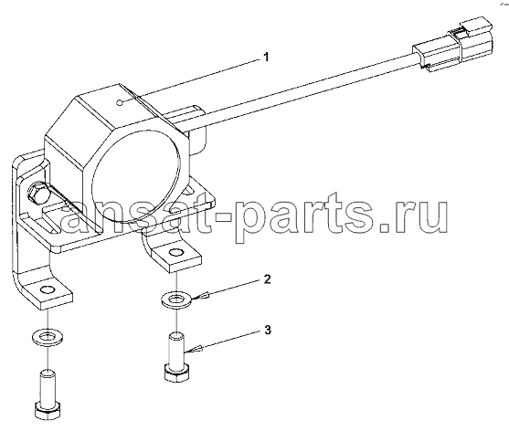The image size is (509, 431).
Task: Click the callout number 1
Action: (266, 58)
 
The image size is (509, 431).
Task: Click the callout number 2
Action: (267, 279)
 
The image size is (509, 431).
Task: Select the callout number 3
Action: (267, 331)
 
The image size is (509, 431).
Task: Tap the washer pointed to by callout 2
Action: (177, 300)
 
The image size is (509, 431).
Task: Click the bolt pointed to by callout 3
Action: (175, 356)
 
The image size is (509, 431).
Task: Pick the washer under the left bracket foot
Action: (48, 338)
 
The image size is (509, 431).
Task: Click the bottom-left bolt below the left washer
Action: (48, 395)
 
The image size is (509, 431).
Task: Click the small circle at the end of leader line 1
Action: (119, 103)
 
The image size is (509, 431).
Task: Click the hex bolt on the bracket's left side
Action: (38, 194)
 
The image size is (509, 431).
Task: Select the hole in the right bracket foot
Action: (175, 252)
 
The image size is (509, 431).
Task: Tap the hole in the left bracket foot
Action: (48, 289)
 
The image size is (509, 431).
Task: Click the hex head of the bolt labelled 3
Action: (175, 373)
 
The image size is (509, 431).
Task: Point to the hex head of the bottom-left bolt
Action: (48, 412)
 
